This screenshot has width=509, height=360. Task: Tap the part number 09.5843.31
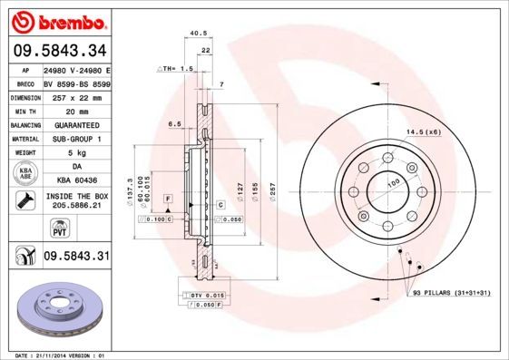tap(75, 257)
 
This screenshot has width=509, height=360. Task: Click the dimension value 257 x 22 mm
tap(76, 95)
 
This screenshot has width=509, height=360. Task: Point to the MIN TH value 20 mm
tap(76, 109)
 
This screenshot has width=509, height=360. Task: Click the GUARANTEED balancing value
tap(76, 123)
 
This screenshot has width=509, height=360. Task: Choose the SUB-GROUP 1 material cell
tap(76, 138)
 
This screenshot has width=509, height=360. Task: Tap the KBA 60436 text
tap(76, 181)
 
